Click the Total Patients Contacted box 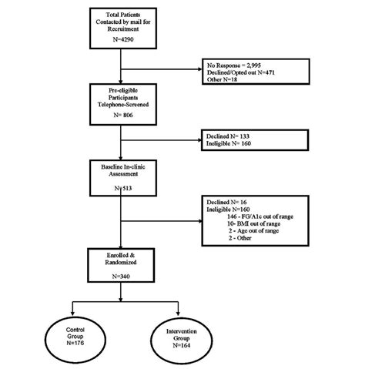pyautogui.click(x=120, y=30)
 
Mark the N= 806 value pyautogui.click(x=120, y=124)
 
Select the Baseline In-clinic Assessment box pyautogui.click(x=120, y=172)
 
